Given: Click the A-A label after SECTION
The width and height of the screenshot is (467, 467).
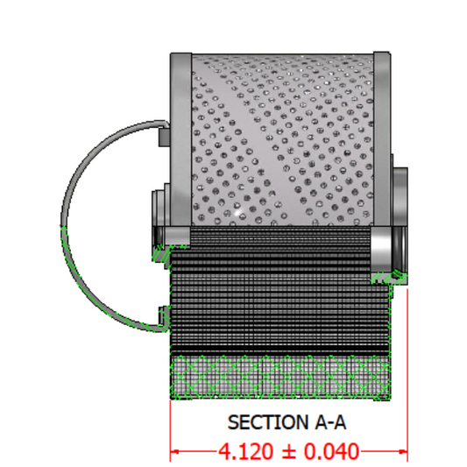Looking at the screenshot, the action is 330,422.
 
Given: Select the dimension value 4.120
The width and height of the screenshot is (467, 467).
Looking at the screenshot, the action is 245,451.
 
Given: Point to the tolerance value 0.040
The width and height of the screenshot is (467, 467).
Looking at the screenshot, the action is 331,451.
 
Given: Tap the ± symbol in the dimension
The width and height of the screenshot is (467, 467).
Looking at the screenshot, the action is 288,452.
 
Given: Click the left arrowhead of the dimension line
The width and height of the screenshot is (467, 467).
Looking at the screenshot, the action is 174,452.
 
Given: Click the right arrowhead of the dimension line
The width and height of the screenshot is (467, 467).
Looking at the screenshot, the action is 403,452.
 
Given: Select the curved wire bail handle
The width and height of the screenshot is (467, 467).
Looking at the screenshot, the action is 64,226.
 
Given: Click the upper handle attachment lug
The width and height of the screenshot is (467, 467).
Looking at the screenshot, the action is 164,137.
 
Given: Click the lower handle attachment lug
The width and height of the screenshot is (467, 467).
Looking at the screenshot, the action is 165,316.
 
